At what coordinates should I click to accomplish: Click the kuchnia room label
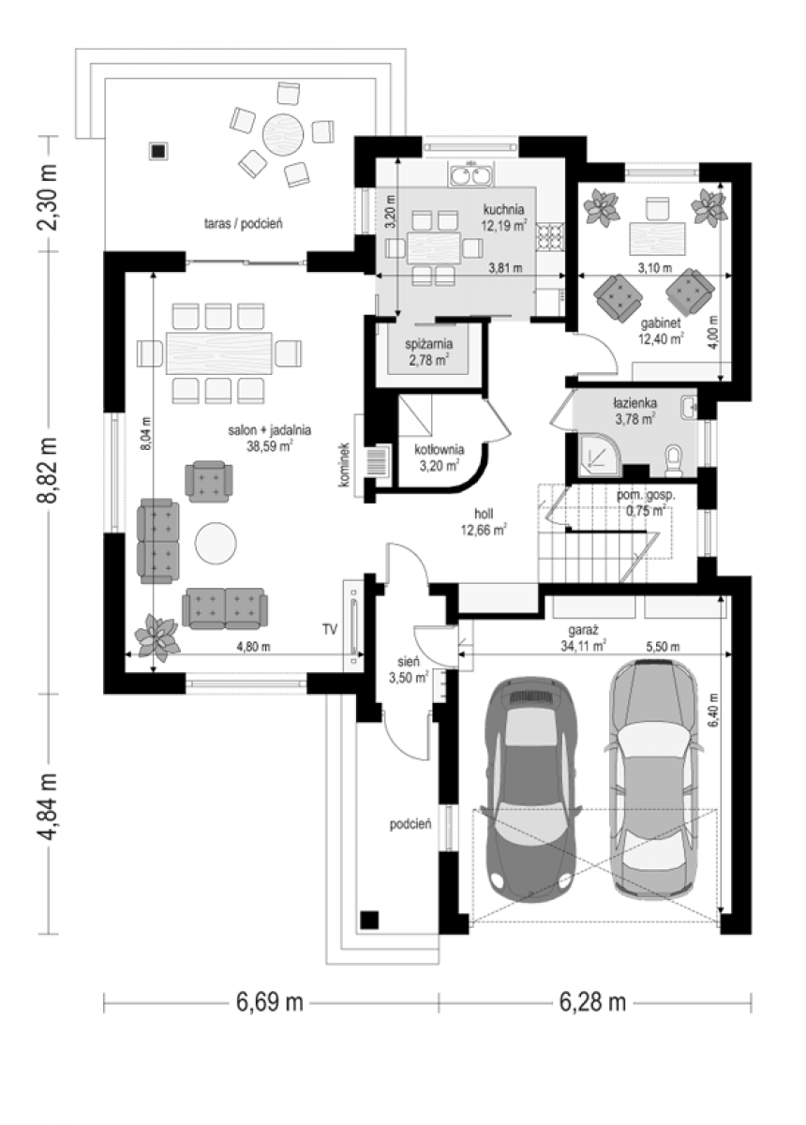click(x=503, y=208)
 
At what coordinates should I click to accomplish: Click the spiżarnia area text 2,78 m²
click(x=428, y=360)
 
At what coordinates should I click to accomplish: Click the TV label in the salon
click(x=329, y=630)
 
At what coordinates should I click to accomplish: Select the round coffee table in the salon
click(x=216, y=544)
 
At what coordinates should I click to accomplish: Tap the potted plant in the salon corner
click(x=157, y=637)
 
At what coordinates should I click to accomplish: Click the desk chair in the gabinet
click(x=657, y=208)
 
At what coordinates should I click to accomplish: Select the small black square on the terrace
click(x=158, y=151)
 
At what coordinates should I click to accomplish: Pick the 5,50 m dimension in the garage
click(x=664, y=647)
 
